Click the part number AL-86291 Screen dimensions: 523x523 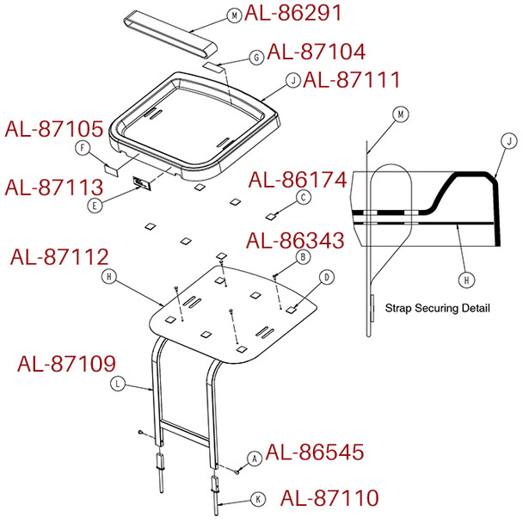tap(292, 14)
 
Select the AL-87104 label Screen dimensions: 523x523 tap(317, 52)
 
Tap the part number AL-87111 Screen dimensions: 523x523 tap(352, 80)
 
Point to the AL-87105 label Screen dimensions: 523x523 tap(54, 129)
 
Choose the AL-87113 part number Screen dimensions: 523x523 tap(54, 186)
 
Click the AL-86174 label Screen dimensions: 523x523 tap(298, 181)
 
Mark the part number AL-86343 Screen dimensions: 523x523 tap(295, 239)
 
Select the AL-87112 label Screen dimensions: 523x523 tap(59, 257)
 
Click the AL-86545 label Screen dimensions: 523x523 tap(315, 452)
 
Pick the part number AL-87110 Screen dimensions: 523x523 tap(330, 498)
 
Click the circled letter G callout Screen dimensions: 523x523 tap(255, 57)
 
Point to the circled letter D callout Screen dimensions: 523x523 tap(327, 277)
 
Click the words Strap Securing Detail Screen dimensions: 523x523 tap(437, 308)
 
